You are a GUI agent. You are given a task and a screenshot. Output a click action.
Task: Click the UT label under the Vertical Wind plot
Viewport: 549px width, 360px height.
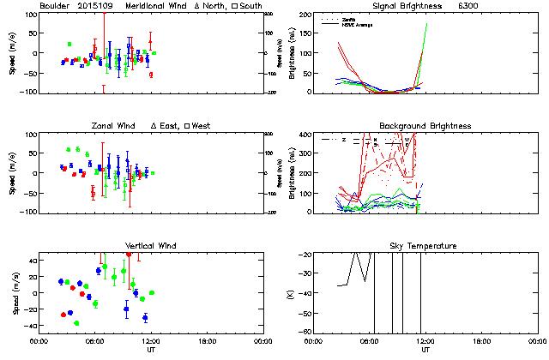[x=150, y=349]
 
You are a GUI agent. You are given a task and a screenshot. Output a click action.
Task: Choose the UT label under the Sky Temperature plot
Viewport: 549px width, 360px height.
[x=425, y=349]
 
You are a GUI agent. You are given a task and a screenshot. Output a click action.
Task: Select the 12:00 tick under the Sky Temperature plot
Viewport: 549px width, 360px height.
[x=425, y=340]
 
